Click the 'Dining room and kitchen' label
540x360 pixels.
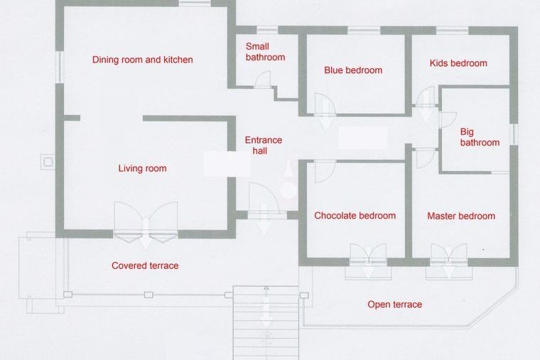(142, 60)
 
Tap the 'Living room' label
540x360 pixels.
(142, 168)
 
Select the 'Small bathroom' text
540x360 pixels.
(265, 52)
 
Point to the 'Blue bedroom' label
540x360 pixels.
(353, 70)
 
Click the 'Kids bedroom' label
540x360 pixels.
(458, 63)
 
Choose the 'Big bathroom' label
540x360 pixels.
(480, 137)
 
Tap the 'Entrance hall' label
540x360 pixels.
(264, 146)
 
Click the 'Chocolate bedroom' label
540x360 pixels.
(355, 216)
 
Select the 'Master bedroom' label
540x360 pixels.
(461, 216)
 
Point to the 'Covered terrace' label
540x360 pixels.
(145, 266)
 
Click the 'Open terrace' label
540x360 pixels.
(394, 305)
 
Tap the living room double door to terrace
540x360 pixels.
(146, 222)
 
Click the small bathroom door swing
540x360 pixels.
(263, 79)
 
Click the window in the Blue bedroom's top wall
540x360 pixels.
(364, 31)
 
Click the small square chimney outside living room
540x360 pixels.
(48, 161)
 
